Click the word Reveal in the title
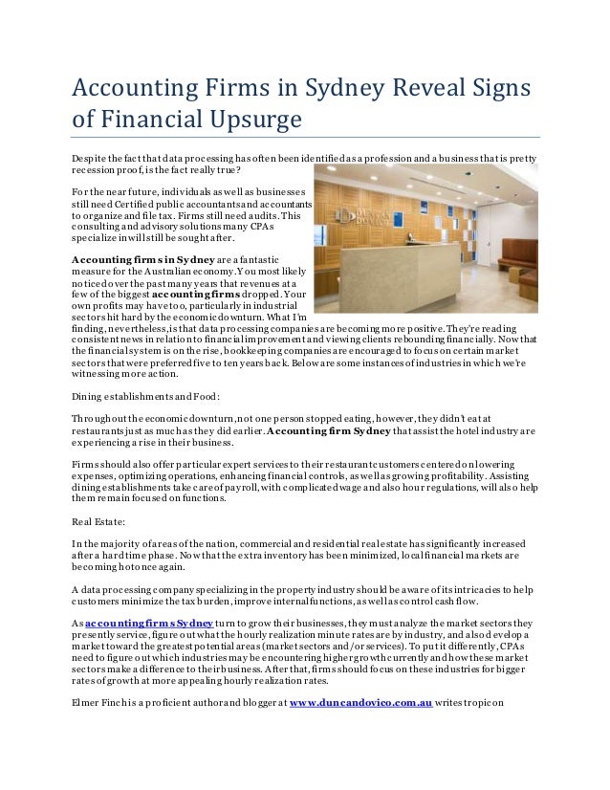420,88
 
